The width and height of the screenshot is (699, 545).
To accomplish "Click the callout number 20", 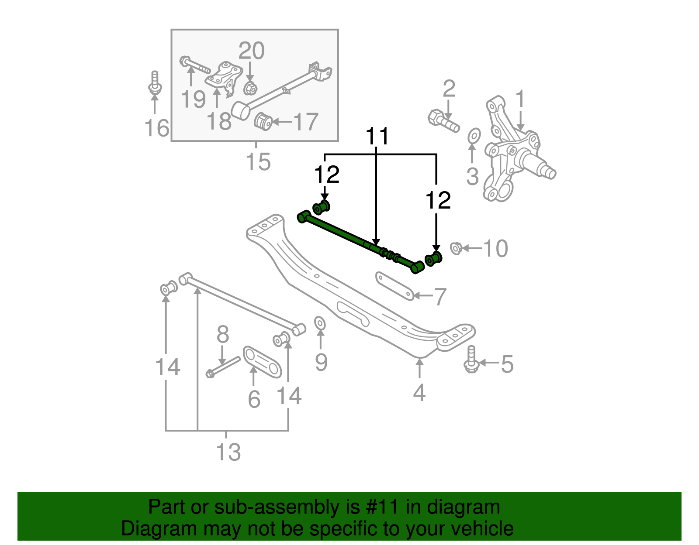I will pyautogui.click(x=251, y=51).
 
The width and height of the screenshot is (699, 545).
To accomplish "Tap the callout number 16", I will pyautogui.click(x=157, y=128).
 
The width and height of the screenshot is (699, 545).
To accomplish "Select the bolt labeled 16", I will pyautogui.click(x=155, y=84).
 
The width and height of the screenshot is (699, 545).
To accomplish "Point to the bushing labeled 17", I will pyautogui.click(x=263, y=121).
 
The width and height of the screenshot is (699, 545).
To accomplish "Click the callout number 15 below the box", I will pyautogui.click(x=258, y=162).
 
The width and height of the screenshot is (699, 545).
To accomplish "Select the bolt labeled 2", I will pyautogui.click(x=443, y=120).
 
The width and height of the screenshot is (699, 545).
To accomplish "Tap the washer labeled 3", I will pyautogui.click(x=474, y=136).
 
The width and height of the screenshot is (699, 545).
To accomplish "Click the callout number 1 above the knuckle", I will pyautogui.click(x=520, y=99).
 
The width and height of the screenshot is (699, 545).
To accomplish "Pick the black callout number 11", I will pyautogui.click(x=377, y=137).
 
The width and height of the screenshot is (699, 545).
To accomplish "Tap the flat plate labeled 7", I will pyautogui.click(x=394, y=286).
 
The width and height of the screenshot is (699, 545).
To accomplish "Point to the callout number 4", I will pyautogui.click(x=419, y=393).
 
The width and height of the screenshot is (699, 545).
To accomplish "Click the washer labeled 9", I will pyautogui.click(x=320, y=323).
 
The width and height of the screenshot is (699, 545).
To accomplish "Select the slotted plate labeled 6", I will pyautogui.click(x=262, y=362).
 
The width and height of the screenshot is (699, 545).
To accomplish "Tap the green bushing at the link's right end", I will pyautogui.click(x=434, y=258).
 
